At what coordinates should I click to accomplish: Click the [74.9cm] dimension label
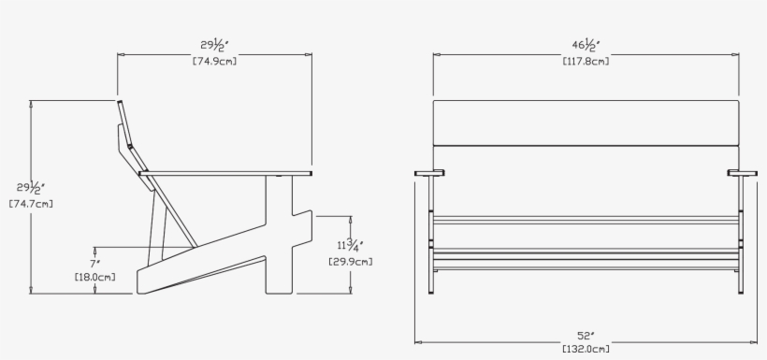tap(214, 62)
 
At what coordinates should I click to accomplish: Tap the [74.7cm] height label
tap(31, 203)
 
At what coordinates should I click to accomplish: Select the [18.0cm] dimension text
tap(95, 277)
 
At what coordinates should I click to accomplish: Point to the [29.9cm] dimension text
tap(351, 262)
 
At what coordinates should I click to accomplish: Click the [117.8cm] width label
tap(586, 62)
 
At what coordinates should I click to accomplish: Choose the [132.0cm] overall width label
tap(586, 349)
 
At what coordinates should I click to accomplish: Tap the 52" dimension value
tap(586, 335)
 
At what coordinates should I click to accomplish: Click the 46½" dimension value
tap(586, 45)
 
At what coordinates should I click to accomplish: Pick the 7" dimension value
tap(94, 264)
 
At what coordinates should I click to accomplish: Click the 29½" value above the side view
tap(214, 45)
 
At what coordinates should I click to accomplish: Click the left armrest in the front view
tap(430, 172)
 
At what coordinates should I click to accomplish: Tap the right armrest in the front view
tap(744, 172)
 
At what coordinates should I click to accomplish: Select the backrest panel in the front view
tap(586, 122)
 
